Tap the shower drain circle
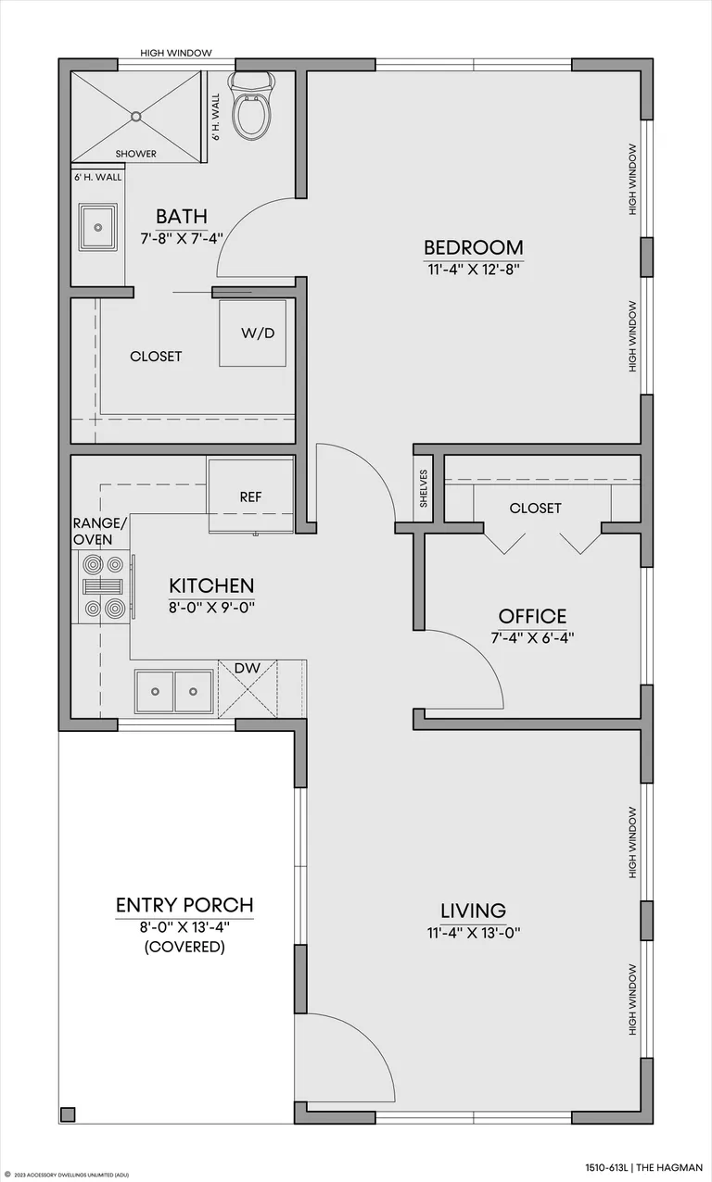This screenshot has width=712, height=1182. [x=136, y=116]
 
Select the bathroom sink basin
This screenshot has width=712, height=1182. [x=97, y=228]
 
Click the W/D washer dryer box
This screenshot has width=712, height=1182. [x=253, y=333]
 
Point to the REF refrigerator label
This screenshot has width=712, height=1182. [x=250, y=497]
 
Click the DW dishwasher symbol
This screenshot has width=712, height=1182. [x=248, y=688]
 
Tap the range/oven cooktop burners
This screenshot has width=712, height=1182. [x=104, y=586]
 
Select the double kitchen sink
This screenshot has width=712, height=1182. [x=173, y=691]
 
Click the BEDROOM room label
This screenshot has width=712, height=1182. [x=474, y=247]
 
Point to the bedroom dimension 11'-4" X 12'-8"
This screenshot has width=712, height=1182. [x=474, y=270]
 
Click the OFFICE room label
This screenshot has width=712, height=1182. [x=532, y=616]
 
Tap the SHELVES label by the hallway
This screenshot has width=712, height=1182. [x=424, y=488]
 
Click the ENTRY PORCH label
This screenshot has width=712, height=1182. [x=184, y=905]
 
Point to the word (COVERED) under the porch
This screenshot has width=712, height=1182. [x=184, y=947]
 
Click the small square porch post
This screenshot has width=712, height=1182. [x=68, y=1114]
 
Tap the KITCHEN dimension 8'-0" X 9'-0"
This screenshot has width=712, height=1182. [x=211, y=608]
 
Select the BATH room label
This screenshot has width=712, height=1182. [x=182, y=217]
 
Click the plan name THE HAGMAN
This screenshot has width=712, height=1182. [x=669, y=1167]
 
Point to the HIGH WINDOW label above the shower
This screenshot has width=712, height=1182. [x=176, y=53]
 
